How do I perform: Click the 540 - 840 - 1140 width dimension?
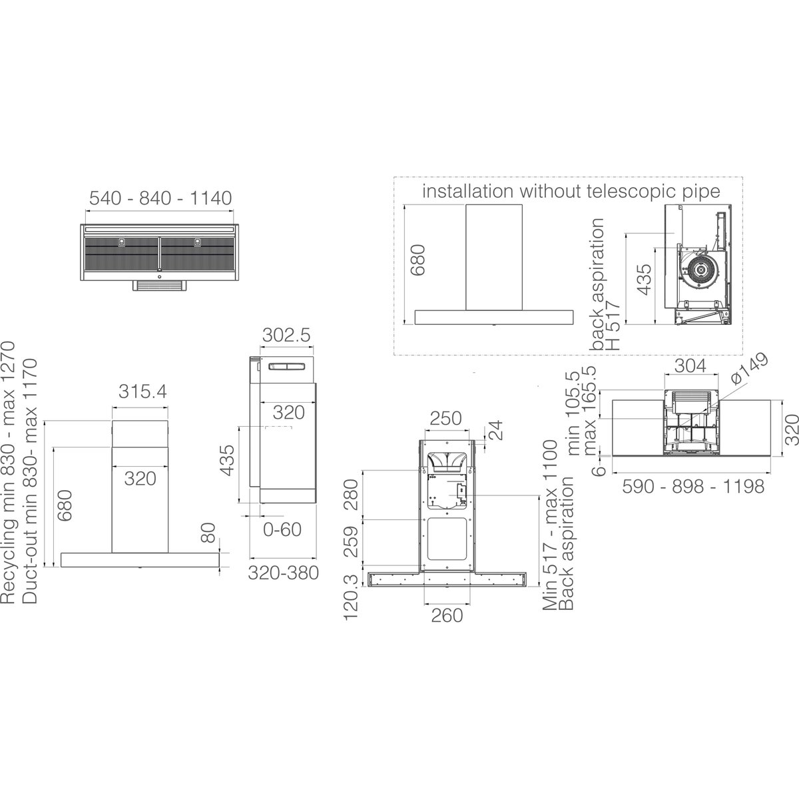[160, 198]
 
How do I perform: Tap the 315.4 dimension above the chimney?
[142, 392]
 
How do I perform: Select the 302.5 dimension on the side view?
[286, 335]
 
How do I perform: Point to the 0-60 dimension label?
[282, 530]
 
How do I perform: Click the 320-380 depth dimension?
[283, 573]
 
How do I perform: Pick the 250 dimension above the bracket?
[445, 418]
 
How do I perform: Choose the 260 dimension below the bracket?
[447, 616]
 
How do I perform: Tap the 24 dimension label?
[495, 430]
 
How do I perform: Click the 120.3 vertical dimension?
[351, 597]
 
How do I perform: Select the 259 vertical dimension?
[351, 542]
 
